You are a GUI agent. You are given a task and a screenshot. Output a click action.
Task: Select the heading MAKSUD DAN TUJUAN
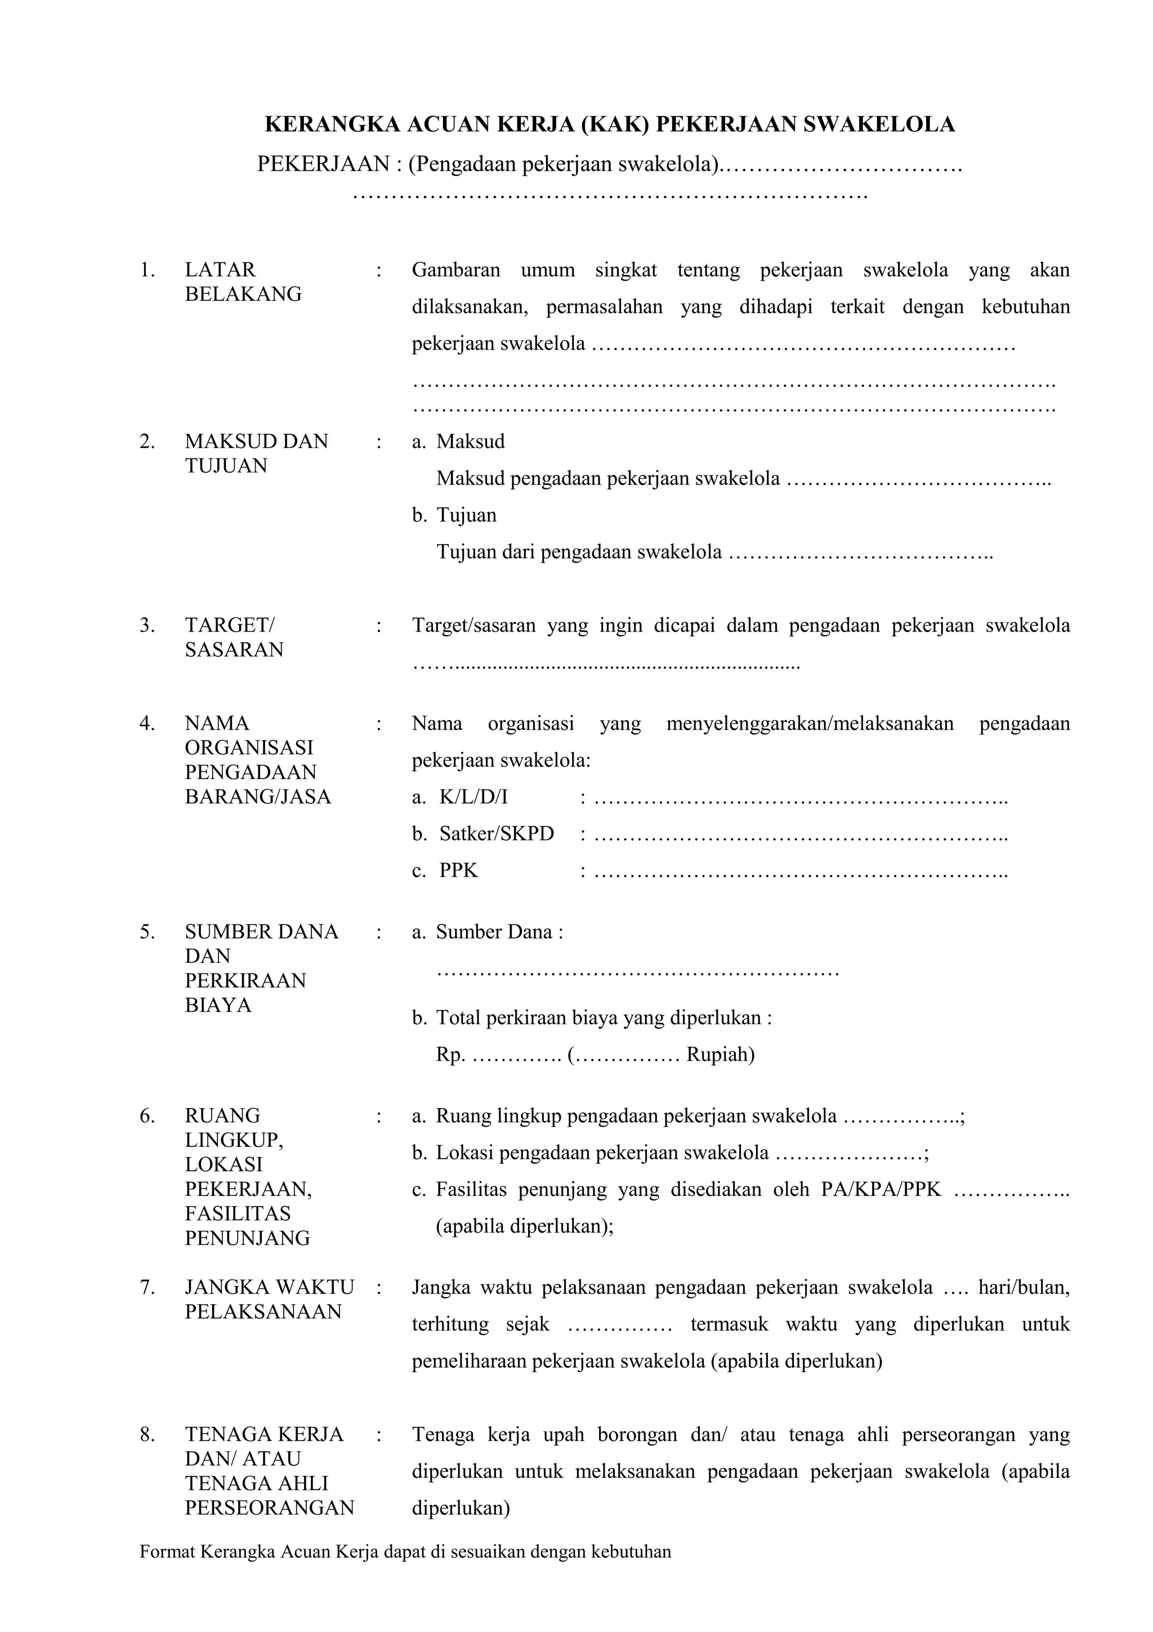[x=256, y=453]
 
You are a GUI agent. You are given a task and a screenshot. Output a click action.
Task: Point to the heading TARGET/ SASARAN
[x=234, y=638]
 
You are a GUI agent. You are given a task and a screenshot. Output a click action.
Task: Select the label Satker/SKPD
[x=496, y=834]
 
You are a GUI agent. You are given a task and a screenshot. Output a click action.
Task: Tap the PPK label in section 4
[x=458, y=871]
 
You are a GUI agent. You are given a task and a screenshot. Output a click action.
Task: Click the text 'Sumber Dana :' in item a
[x=499, y=932]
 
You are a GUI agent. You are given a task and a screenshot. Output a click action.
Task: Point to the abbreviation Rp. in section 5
[x=450, y=1054]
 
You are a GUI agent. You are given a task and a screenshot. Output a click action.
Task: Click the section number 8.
[x=147, y=1434]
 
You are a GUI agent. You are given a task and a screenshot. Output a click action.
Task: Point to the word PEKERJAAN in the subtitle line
[x=323, y=164]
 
